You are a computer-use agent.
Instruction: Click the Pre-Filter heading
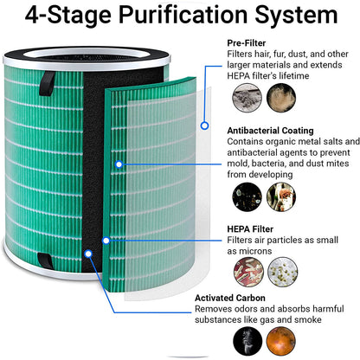point(247,43)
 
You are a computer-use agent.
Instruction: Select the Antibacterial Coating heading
point(270,131)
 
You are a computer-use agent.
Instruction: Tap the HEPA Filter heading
point(250,229)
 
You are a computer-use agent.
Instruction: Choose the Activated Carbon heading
point(230,298)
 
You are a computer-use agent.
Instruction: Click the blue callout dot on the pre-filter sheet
point(204,125)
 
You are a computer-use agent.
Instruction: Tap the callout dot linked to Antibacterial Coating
point(119,164)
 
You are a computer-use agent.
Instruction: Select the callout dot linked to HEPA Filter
point(106,241)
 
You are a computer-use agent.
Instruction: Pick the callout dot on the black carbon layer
point(88,254)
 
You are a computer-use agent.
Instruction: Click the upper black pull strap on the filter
point(47,83)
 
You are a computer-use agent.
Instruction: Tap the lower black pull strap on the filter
point(45,260)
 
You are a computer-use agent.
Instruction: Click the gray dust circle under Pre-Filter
point(247,98)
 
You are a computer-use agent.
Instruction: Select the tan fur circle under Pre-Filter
point(281,98)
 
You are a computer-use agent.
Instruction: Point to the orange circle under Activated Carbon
point(281,341)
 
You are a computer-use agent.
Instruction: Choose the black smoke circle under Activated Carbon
point(247,341)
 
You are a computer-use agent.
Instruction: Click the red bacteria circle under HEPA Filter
point(248,272)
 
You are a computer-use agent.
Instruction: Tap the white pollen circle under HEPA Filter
point(283,272)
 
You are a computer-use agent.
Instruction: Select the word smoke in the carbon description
point(308,320)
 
